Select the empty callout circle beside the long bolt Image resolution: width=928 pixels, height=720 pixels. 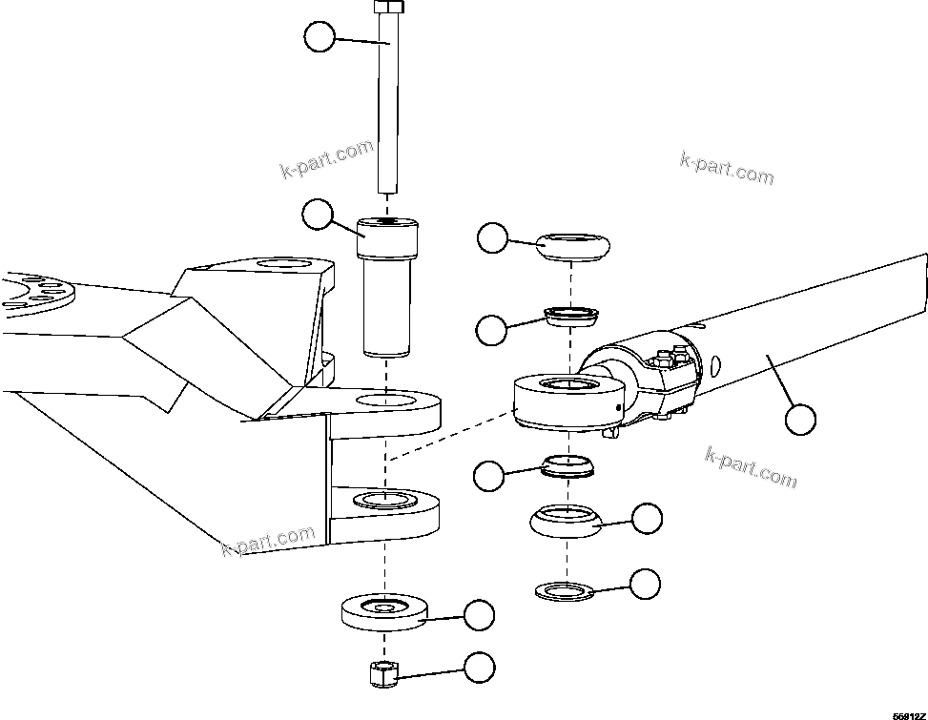(320, 38)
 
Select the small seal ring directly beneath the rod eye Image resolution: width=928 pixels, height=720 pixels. (567, 466)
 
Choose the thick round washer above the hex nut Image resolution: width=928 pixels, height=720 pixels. (383, 610)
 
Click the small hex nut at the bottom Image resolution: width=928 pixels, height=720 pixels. (382, 673)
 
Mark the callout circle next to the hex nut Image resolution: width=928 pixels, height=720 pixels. (479, 667)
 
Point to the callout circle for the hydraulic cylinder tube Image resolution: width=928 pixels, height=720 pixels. (800, 419)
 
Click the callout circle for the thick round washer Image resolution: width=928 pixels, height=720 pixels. (479, 615)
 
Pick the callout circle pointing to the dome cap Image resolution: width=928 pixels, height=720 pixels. (492, 238)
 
